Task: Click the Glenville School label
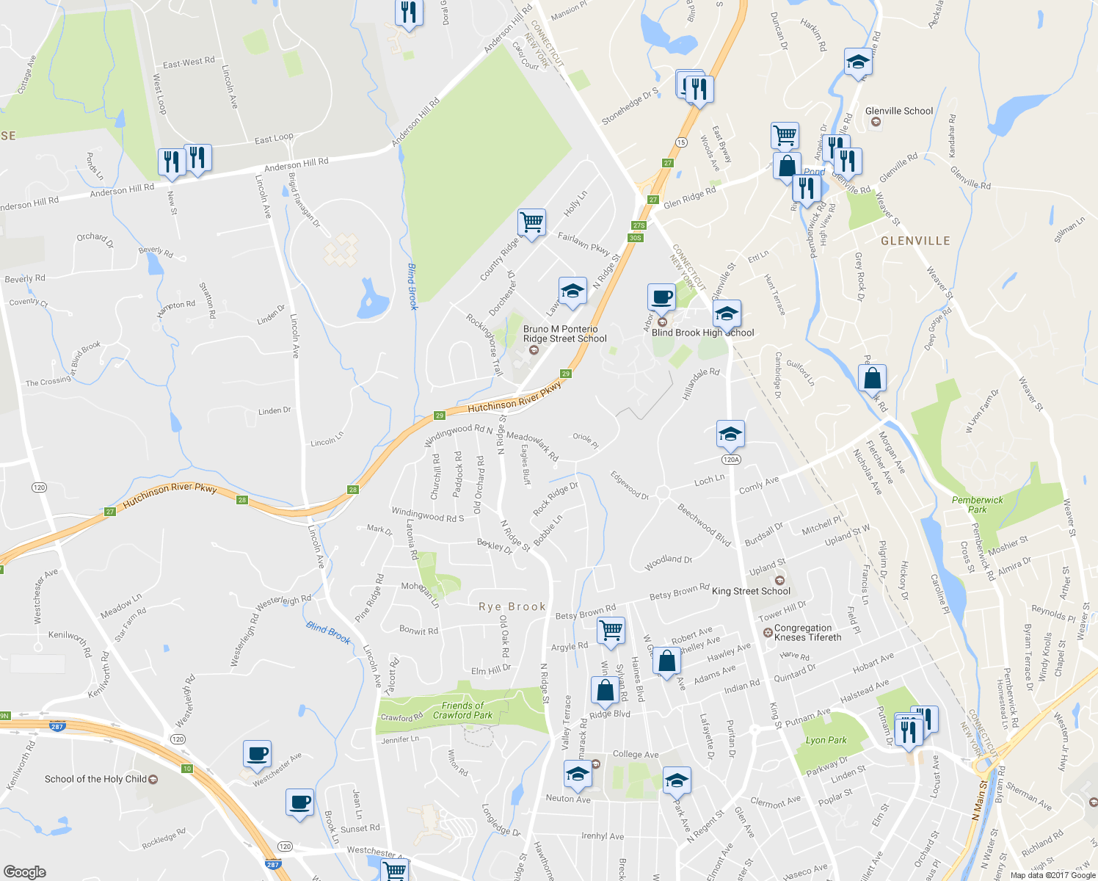[898, 112]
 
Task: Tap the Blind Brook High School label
[702, 333]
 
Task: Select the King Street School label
[751, 591]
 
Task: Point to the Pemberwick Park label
[977, 504]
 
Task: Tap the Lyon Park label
[826, 740]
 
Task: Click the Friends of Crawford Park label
[462, 710]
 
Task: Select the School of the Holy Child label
[95, 779]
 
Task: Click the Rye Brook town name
[512, 606]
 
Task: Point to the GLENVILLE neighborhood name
[915, 241]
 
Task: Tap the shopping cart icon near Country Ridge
[531, 222]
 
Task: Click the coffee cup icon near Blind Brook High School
[661, 297]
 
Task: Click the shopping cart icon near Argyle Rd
[611, 630]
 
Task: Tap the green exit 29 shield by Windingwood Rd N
[440, 416]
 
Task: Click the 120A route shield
[730, 460]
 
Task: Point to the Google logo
[24, 871]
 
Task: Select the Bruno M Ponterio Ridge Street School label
[564, 334]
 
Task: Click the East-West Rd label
[189, 62]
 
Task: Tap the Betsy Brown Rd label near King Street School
[680, 592]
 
